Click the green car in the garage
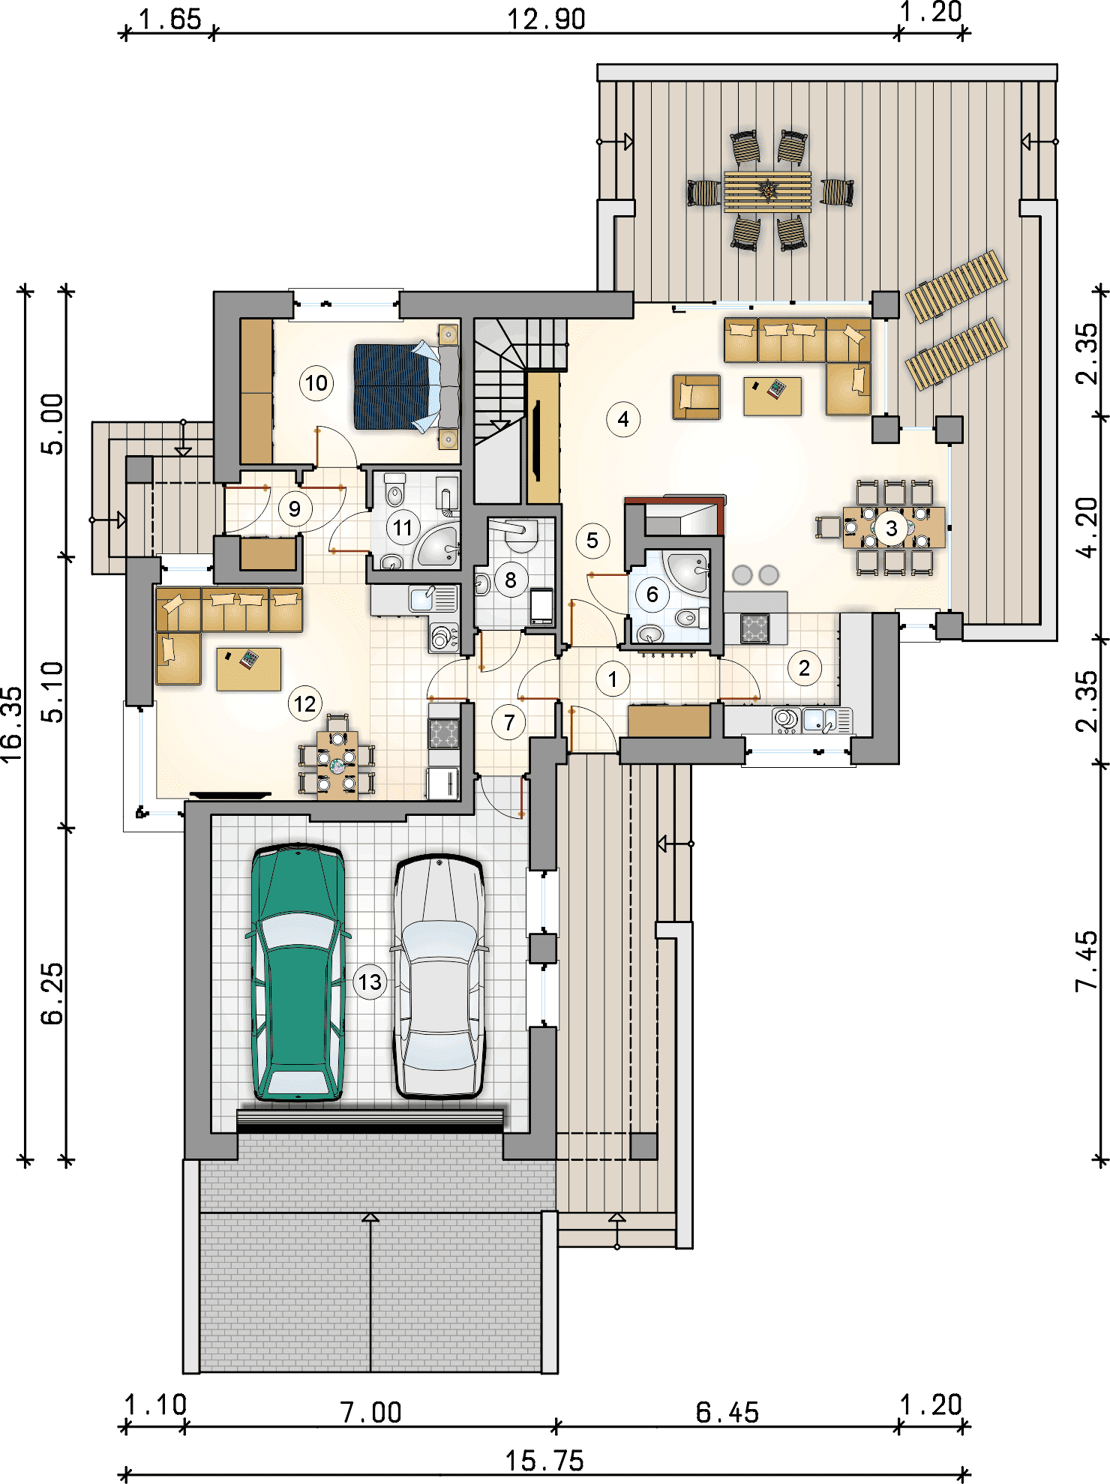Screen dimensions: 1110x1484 298,973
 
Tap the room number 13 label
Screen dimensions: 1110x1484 370,982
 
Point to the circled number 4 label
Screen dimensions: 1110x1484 623,419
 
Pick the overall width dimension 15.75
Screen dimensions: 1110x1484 544,1460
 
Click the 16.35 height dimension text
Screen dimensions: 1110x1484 12,725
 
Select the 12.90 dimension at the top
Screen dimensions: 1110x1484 546,19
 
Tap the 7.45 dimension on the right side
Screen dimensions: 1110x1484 1086,961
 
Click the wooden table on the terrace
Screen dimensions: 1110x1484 767,191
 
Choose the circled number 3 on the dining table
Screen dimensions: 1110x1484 892,529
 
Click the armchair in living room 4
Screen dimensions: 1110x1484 697,397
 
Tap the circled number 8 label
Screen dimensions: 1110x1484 511,580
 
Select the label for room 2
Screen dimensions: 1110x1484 804,667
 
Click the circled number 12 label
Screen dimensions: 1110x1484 304,704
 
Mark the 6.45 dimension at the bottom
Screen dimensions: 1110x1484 727,1413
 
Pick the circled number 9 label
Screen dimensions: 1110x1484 295,509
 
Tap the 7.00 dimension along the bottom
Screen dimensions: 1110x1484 370,1413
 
